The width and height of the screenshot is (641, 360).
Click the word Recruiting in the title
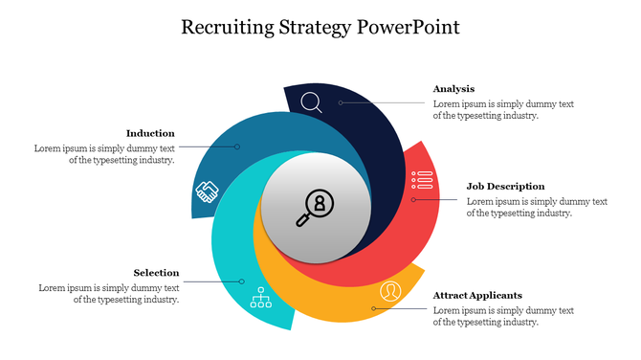pos(228,28)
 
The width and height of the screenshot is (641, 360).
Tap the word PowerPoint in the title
pos(409,27)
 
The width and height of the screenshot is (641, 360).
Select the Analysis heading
pos(453,89)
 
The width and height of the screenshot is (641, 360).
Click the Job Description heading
pos(506,186)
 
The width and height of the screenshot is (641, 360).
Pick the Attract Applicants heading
pos(477,295)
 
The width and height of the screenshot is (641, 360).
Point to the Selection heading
pos(156,273)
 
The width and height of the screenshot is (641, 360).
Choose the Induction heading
pos(150,133)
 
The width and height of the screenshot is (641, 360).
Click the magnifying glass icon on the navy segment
pos(311,102)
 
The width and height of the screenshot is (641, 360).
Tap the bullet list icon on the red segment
pos(422,180)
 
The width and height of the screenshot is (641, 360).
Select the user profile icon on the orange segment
pos(390,291)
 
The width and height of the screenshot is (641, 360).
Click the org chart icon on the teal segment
pos(261,298)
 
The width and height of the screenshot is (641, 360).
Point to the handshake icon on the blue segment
pos(208,191)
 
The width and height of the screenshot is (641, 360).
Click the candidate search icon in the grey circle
pos(315,208)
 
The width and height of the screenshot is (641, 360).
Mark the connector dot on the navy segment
pos(341,102)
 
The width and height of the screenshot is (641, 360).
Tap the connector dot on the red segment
pos(413,200)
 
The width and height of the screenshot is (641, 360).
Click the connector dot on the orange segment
pos(374,308)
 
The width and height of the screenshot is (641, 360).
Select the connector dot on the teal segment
pos(242,281)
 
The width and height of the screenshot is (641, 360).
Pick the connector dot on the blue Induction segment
pos(237,146)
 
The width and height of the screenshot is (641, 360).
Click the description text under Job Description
pos(537,208)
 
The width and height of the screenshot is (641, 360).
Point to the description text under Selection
pos(109,294)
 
